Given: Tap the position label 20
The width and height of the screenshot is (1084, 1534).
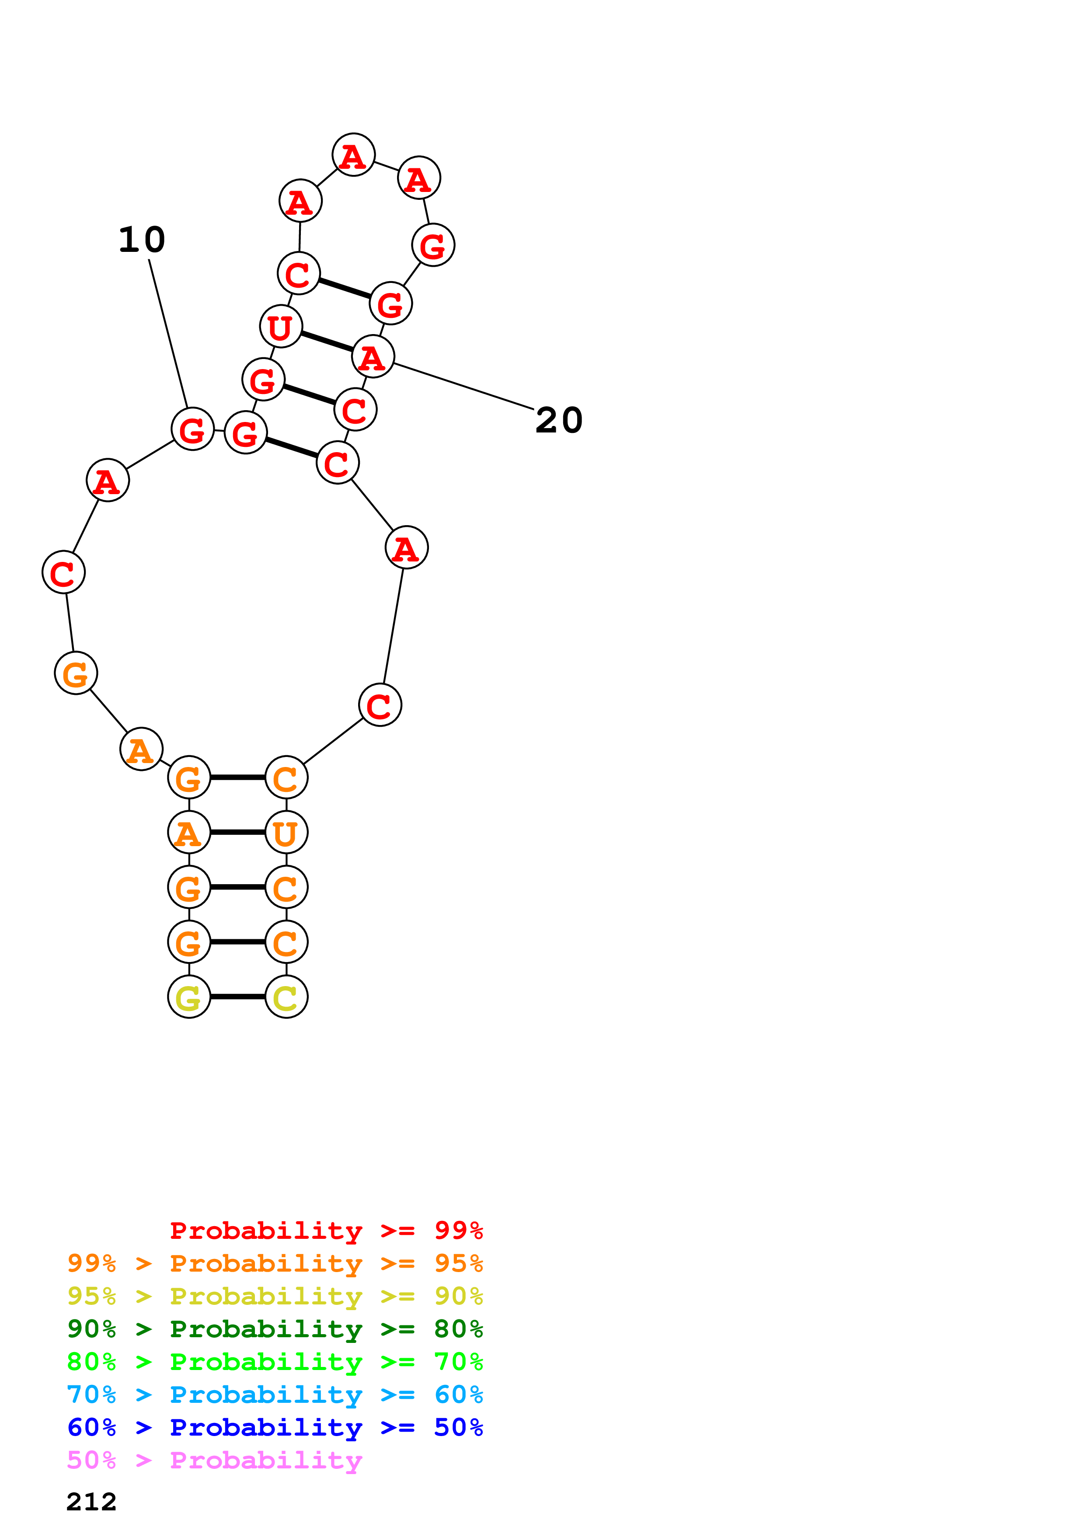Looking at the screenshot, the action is tap(558, 420).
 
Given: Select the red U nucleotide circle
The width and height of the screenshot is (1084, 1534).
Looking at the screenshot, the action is tap(281, 327).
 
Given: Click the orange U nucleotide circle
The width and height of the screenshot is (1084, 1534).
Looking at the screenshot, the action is tap(286, 833).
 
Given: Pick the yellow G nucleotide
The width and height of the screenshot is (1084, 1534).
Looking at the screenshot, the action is tap(188, 997).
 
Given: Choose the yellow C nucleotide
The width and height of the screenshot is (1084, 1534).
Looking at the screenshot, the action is tap(286, 997).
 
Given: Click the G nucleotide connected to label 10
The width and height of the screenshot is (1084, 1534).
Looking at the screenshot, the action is tap(192, 429).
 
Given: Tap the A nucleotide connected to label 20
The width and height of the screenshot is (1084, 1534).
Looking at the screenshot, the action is tap(373, 357).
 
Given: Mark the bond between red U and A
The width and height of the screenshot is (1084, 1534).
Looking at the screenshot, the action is tap(327, 342).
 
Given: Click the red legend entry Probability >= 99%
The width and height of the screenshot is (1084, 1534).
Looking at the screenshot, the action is tap(326, 1231).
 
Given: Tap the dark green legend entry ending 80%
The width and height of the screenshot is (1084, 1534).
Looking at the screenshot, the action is tap(275, 1329).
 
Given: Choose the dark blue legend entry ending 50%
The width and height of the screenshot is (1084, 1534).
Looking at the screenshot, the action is tap(275, 1427).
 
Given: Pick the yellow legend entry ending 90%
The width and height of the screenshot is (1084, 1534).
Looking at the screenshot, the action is tap(275, 1296).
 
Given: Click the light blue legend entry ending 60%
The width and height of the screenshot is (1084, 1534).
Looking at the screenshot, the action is tap(275, 1395).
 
